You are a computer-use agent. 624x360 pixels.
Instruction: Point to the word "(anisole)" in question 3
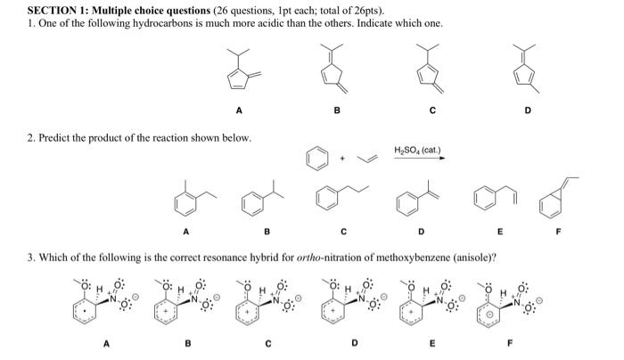click(x=472, y=258)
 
